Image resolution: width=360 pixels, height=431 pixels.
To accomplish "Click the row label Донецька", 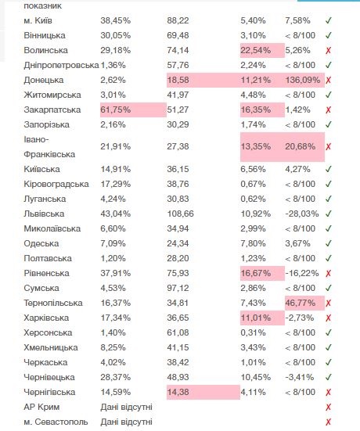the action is tap(44, 80).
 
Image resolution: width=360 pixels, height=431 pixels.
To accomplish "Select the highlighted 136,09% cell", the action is tap(303, 80).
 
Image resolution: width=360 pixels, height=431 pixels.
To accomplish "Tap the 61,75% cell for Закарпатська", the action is tap(116, 110).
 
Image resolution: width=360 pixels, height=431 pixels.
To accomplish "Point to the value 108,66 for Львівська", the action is tap(181, 214).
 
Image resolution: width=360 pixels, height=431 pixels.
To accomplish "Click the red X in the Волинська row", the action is tap(328, 51).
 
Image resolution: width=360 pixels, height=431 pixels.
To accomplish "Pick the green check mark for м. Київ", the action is tap(329, 20).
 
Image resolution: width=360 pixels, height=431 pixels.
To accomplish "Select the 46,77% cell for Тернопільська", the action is tap(300, 303).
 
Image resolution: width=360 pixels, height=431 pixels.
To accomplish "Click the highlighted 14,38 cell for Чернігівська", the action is tap(178, 392).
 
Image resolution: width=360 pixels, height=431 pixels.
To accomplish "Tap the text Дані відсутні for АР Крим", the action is tap(126, 407).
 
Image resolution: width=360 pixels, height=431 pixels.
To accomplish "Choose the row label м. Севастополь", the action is tap(56, 422).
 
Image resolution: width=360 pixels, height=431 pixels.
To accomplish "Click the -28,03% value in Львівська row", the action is tap(302, 214).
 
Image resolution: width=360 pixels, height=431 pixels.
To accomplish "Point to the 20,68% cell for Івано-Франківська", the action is tap(300, 146).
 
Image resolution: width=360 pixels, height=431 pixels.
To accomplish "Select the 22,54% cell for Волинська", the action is tap(256, 50).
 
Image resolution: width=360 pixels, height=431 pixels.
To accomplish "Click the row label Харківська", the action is tap(46, 318).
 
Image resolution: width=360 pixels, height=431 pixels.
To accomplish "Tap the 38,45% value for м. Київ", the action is tap(116, 20).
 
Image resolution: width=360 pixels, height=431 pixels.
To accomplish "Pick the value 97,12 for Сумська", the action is tap(178, 288).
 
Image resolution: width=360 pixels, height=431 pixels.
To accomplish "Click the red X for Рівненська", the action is tap(328, 274).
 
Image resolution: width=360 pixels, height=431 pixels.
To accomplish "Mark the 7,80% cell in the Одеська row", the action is tap(253, 243).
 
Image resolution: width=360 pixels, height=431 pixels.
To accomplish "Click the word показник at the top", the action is tap(42, 6).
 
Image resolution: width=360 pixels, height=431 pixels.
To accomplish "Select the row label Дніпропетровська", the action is tap(61, 65).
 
